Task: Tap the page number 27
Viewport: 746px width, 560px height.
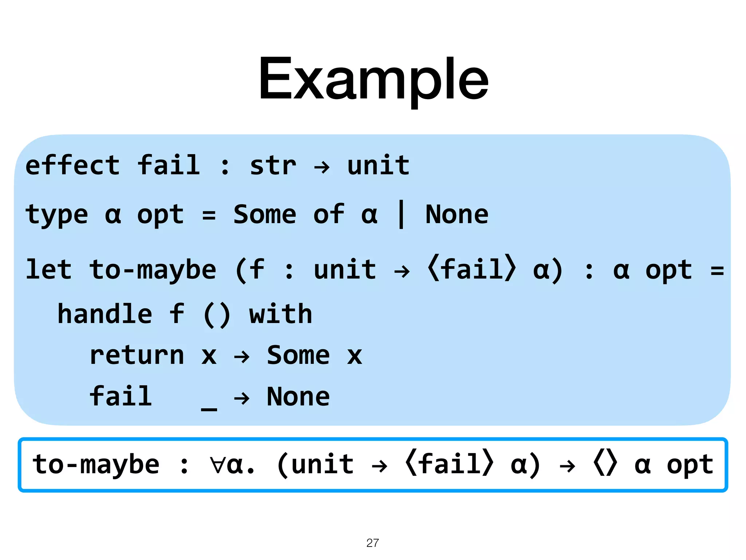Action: point(372,543)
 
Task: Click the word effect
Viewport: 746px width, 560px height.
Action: point(72,166)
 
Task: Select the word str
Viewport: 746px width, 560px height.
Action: point(273,166)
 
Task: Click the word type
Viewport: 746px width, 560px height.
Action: point(57,215)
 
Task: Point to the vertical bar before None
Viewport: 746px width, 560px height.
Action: point(401,214)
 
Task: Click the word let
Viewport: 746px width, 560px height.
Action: point(49,270)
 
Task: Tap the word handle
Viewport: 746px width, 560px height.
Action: point(105,314)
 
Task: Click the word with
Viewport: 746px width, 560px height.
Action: point(280,314)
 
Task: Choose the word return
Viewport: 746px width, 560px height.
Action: point(137,355)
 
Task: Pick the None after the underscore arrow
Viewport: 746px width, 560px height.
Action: point(298,397)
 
